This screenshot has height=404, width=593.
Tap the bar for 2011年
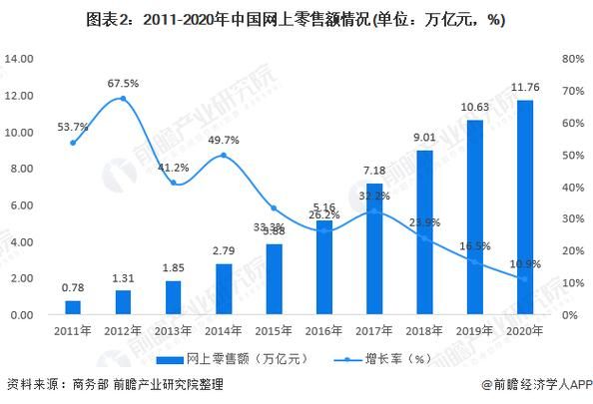coord(73,307)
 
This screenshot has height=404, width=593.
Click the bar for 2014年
coord(223,289)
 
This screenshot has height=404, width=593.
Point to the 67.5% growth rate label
coord(123,83)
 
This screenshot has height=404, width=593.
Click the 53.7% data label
coord(73,128)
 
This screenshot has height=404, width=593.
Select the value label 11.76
coord(524,88)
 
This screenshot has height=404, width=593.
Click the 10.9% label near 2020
coord(524,263)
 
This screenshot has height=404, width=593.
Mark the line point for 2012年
coord(123,98)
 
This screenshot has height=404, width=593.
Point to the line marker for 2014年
coord(223,156)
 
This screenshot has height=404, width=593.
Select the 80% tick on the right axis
coord(572,59)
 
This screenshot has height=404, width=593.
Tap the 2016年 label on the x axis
coord(323,329)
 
